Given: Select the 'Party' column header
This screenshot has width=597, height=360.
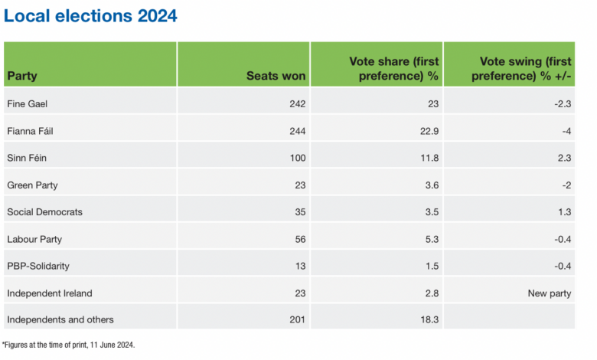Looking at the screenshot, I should [x=22, y=76].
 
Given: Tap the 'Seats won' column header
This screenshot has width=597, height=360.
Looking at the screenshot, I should [x=276, y=76].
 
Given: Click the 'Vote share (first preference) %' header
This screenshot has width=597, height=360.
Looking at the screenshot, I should [x=393, y=68].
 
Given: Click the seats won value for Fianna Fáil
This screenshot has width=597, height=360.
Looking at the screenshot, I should [x=296, y=131].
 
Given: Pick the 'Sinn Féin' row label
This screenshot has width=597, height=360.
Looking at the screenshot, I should [x=25, y=158].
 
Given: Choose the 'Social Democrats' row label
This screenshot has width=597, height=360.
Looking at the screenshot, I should [x=44, y=211].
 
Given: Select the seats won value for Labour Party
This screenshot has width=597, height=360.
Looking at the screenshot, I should [x=298, y=238].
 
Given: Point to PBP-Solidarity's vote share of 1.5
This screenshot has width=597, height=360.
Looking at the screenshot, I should [x=432, y=265].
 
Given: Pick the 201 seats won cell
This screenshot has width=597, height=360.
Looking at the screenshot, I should [x=296, y=319].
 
